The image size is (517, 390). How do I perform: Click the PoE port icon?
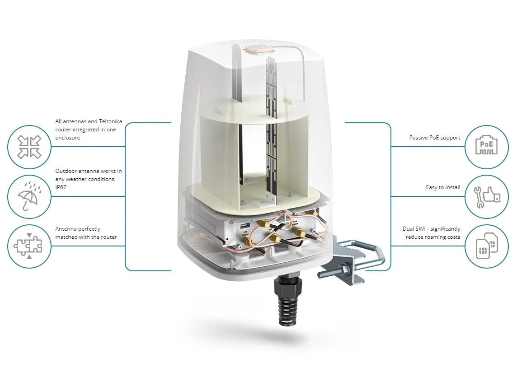click(x=486, y=147)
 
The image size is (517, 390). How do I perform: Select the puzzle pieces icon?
click(x=28, y=246)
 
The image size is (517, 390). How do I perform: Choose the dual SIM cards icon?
click(x=487, y=246)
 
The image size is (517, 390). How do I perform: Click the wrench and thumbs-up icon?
click(x=487, y=196)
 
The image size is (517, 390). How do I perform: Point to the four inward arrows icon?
click(x=29, y=147)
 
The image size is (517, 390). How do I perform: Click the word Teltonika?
click(x=110, y=121)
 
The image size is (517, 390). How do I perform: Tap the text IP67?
click(x=61, y=187)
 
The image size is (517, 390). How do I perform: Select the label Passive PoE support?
click(x=435, y=138)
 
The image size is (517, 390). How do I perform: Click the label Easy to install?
click(x=443, y=187)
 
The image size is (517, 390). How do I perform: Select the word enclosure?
click(x=68, y=138)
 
